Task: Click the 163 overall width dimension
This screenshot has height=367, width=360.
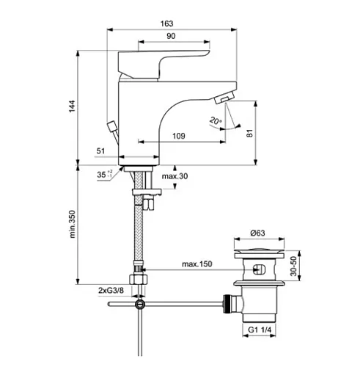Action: point(167,23)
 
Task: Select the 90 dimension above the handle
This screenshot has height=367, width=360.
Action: point(171,36)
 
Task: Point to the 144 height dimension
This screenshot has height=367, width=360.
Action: point(72,106)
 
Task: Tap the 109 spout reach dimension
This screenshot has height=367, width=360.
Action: point(179,136)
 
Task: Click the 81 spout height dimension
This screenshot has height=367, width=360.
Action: point(249,134)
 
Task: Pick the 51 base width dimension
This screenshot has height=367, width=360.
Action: point(100,151)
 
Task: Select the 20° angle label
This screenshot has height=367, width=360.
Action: point(216,120)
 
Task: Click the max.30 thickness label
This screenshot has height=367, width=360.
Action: point(175,176)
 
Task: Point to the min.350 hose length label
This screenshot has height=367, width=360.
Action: point(73,224)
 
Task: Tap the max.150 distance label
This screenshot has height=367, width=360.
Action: point(197,264)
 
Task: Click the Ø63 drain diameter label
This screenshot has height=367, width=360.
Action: point(257,233)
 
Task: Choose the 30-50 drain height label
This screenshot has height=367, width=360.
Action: point(293,266)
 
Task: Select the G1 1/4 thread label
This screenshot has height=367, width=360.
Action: point(260,330)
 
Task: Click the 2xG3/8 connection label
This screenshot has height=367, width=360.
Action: point(111,291)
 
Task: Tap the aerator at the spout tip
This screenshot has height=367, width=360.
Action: point(224,98)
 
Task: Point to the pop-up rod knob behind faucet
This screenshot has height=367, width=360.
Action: point(111,126)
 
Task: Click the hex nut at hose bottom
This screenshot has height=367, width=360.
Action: point(139,280)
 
